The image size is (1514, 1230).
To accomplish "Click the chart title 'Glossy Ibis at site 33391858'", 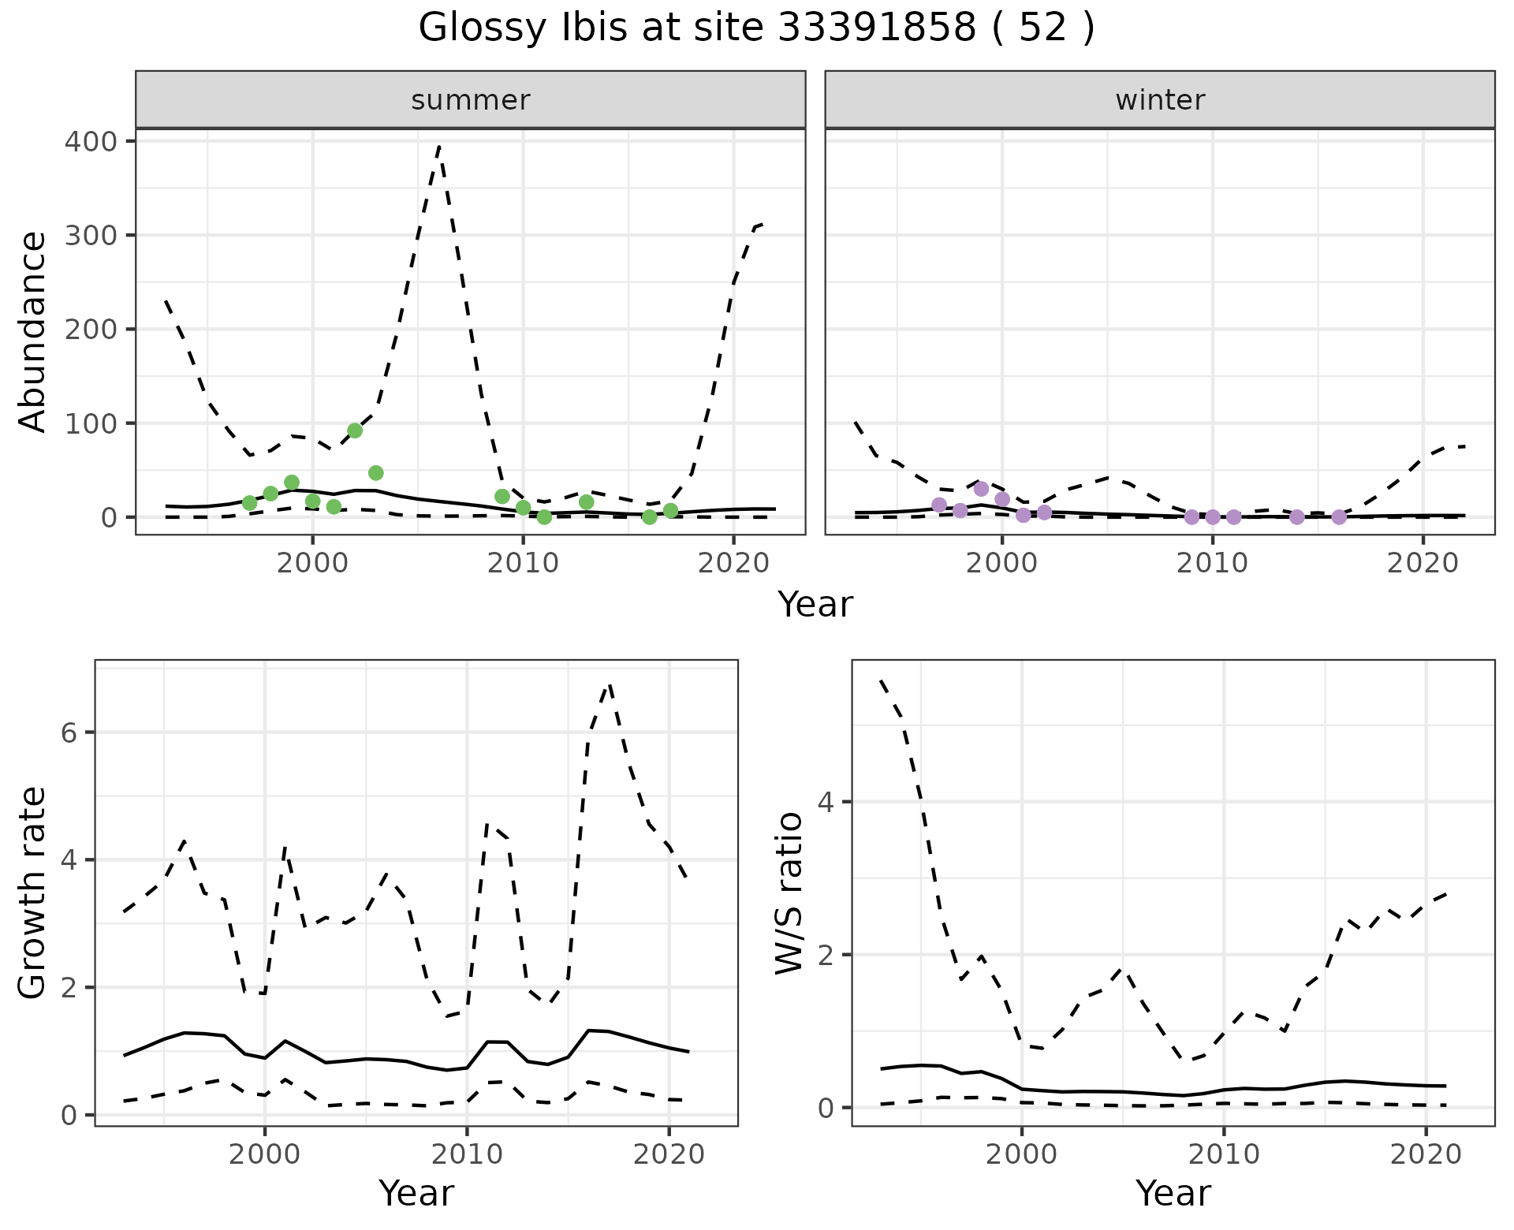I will click(x=755, y=28).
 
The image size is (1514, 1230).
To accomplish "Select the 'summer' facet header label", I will click(x=471, y=100).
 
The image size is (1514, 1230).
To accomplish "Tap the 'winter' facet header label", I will click(x=1160, y=100).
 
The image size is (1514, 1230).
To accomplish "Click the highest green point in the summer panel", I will click(x=355, y=430).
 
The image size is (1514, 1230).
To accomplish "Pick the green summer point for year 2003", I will click(x=376, y=473).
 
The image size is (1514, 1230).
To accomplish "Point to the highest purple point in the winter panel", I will click(x=981, y=489).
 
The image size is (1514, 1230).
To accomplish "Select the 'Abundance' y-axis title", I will click(x=33, y=331).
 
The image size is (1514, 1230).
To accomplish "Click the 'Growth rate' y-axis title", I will click(x=33, y=893).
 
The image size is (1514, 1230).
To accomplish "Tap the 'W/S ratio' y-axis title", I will click(x=789, y=893).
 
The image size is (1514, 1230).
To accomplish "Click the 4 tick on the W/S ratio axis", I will click(x=826, y=803).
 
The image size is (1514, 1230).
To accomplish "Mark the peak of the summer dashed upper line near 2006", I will click(x=438, y=146).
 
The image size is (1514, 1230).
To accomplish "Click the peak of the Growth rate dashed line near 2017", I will click(x=609, y=685).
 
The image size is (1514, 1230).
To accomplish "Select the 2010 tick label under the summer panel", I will click(x=523, y=564).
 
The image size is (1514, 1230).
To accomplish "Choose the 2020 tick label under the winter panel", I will click(x=1423, y=564).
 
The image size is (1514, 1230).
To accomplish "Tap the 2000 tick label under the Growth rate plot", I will click(x=265, y=1155).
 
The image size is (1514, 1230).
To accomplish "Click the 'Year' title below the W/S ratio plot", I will click(x=1173, y=1194).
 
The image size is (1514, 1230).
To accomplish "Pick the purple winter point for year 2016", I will click(x=1339, y=517).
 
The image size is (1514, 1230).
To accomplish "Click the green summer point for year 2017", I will click(x=670, y=511).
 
